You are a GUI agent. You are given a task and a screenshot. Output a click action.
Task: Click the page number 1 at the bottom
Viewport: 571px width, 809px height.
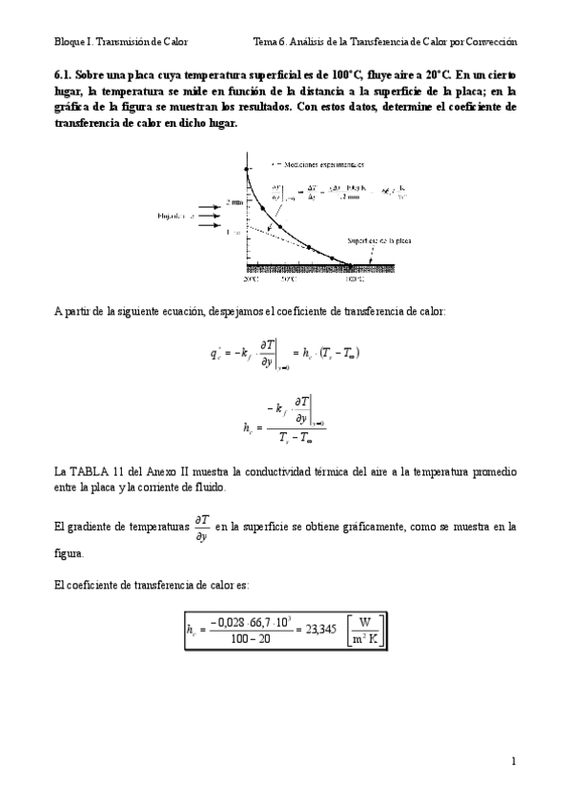(513, 760)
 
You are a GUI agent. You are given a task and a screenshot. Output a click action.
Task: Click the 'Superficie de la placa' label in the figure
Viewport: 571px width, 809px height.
(378, 242)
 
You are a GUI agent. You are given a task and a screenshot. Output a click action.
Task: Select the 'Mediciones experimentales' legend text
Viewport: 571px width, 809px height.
(310, 164)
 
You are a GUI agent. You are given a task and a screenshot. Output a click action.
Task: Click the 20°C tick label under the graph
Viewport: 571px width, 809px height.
(250, 280)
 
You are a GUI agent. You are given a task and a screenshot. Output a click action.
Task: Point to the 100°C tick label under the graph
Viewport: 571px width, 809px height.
(354, 280)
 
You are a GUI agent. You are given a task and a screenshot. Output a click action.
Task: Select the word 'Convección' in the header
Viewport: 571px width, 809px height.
(489, 42)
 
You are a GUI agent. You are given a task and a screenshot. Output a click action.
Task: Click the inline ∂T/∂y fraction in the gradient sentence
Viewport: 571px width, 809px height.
(202, 527)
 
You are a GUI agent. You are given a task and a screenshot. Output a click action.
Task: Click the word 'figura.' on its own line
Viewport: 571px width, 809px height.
(69, 554)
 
